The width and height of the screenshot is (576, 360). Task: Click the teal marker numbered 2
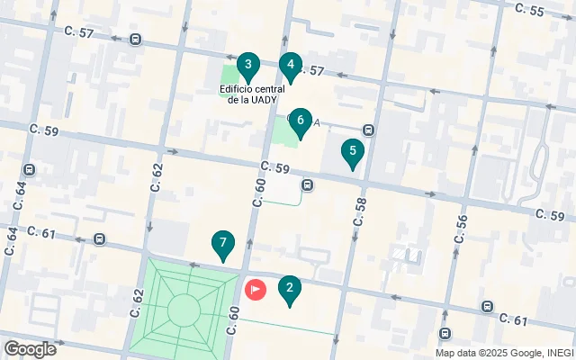[x=289, y=289]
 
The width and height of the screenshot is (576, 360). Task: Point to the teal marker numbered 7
[x=222, y=244]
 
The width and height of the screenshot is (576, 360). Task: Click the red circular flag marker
[x=256, y=290]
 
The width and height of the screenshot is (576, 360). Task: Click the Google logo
[x=29, y=349]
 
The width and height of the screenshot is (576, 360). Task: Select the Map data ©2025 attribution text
[x=505, y=353]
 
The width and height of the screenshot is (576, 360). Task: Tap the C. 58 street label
[x=360, y=211]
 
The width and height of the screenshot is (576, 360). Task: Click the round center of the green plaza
[x=184, y=310]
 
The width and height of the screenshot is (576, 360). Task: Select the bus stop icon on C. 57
[x=135, y=40]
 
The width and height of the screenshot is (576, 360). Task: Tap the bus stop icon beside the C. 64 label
[x=30, y=169]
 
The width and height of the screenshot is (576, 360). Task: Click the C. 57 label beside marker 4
[x=310, y=70]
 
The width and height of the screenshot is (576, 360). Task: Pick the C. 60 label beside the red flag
[x=233, y=319]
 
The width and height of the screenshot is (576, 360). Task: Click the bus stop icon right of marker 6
[x=368, y=130]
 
